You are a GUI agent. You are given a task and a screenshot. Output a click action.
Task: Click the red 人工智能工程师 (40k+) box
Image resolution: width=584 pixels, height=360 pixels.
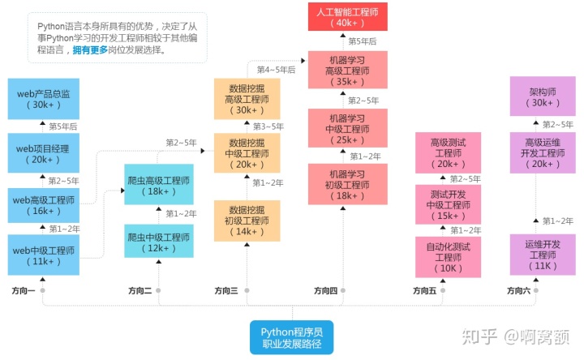tap(348, 17)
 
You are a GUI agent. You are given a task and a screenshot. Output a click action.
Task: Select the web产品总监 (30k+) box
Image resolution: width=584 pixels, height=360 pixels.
tap(43, 99)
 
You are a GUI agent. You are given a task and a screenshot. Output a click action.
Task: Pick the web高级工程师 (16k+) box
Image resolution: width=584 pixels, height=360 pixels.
tap(43, 205)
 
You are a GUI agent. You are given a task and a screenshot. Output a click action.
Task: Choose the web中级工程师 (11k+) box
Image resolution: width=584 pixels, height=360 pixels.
tap(43, 255)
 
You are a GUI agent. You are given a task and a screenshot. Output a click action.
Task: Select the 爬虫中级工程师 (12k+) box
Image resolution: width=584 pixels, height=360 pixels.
tap(159, 242)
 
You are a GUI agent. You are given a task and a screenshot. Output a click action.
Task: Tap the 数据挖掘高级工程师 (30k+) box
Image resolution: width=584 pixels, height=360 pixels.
tap(247, 99)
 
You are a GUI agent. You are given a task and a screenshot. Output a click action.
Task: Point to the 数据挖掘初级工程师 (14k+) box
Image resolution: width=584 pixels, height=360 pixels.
tap(247, 221)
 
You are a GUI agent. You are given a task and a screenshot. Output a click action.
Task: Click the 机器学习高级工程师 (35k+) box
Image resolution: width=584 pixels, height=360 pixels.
tap(348, 71)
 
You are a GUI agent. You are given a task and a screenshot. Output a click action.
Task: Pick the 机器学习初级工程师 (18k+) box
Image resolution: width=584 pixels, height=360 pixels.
tap(348, 184)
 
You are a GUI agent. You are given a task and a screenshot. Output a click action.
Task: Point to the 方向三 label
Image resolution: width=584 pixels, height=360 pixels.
tap(226, 290)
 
